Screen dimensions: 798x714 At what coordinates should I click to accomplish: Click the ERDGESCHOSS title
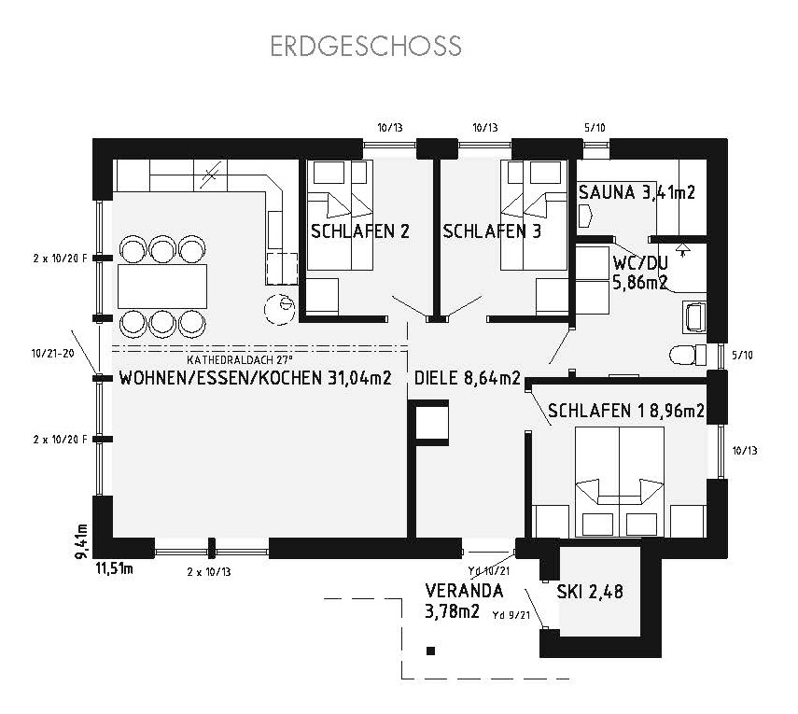tap(366, 46)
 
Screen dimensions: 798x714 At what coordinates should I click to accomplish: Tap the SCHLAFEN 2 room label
tap(360, 231)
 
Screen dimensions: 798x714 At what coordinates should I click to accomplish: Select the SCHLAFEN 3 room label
tap(492, 231)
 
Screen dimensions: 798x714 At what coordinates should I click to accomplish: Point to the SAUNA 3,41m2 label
tap(637, 192)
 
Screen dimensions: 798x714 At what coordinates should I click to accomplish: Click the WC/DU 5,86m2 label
tap(640, 273)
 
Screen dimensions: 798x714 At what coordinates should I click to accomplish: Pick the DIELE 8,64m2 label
tap(468, 378)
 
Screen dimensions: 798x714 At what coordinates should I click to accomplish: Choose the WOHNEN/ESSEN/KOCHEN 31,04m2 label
tap(255, 378)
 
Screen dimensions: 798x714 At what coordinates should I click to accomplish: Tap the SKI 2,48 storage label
tap(589, 592)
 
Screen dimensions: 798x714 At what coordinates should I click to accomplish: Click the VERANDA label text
tap(464, 591)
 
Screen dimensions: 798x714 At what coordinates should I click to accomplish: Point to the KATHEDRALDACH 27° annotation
tap(240, 360)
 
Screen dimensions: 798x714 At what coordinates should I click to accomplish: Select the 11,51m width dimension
tap(115, 568)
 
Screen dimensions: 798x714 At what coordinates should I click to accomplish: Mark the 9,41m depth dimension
tap(81, 541)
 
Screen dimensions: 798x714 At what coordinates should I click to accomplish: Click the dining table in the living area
tap(162, 286)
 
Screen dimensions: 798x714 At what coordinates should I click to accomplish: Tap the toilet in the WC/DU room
tap(688, 355)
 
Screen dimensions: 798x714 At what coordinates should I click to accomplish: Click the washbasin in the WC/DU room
tap(694, 317)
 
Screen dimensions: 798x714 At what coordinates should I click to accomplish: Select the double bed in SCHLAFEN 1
tap(620, 482)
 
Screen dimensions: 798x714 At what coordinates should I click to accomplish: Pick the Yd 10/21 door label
tap(488, 571)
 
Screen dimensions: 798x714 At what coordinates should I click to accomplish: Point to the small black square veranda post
tap(430, 651)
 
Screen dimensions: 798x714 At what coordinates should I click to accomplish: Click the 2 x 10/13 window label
tap(209, 572)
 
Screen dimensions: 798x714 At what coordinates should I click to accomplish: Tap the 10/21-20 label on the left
tap(53, 353)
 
